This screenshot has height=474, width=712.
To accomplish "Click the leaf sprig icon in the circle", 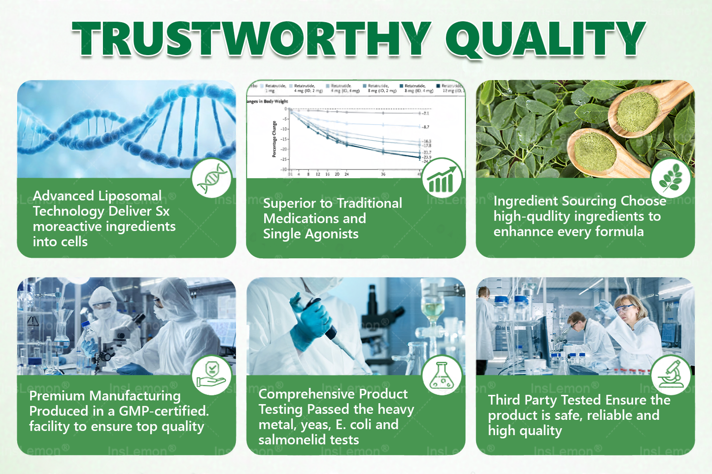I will click(x=670, y=179).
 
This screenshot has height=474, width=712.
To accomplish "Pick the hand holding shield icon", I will click(x=212, y=376).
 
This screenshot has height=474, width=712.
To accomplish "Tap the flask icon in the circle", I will click(x=442, y=376).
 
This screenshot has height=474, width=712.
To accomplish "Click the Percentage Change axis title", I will click(x=274, y=139).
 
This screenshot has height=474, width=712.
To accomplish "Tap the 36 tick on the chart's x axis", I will click(x=383, y=174).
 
